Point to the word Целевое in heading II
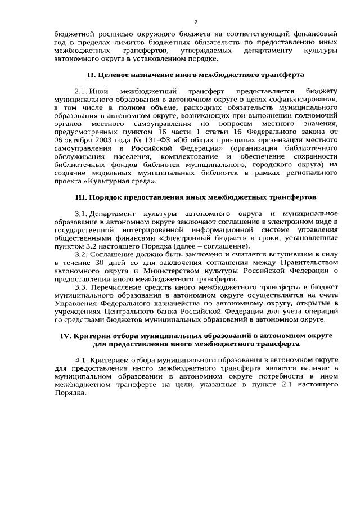(x=114, y=74)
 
